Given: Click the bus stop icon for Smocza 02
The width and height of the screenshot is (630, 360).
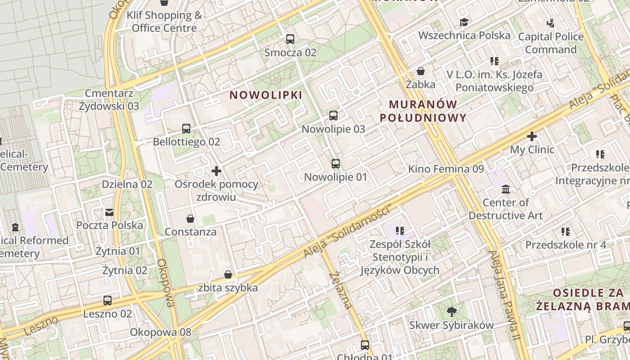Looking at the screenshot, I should [x=290, y=39].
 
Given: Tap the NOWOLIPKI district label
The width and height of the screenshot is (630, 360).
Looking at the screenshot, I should [x=266, y=95].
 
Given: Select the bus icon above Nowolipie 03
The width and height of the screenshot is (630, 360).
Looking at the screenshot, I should [x=333, y=116].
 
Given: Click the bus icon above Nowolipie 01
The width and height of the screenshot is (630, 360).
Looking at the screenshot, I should [x=336, y=164].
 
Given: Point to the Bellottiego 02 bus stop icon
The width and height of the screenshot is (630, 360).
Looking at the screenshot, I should [x=186, y=129].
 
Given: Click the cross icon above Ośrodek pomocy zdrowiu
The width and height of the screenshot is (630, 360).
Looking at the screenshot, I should [x=216, y=171].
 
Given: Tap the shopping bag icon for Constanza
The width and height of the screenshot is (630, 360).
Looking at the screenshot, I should [x=190, y=219].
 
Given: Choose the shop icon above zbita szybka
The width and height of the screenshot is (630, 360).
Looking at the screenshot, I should [x=228, y=274].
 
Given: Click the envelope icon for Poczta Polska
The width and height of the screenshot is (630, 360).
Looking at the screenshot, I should [x=109, y=212].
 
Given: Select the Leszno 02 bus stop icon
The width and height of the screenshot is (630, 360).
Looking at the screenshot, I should [x=108, y=301].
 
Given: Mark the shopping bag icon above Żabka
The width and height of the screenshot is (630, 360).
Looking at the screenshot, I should [x=421, y=71].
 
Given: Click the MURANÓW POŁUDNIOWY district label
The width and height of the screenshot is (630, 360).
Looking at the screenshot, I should [x=423, y=111].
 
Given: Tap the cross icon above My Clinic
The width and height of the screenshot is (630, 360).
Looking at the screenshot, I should [x=532, y=136].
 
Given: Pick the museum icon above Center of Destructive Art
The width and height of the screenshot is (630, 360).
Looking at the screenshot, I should [x=506, y=189].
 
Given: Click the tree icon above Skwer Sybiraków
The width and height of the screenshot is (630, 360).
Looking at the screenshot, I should [x=451, y=311].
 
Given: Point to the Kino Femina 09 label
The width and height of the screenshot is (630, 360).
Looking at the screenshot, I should [x=446, y=169].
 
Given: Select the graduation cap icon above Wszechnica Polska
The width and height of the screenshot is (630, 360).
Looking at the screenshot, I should [x=464, y=22].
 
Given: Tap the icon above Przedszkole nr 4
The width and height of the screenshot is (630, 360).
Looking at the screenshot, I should [x=566, y=232].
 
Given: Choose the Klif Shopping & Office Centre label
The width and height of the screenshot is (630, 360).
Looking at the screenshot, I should [x=164, y=22].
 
